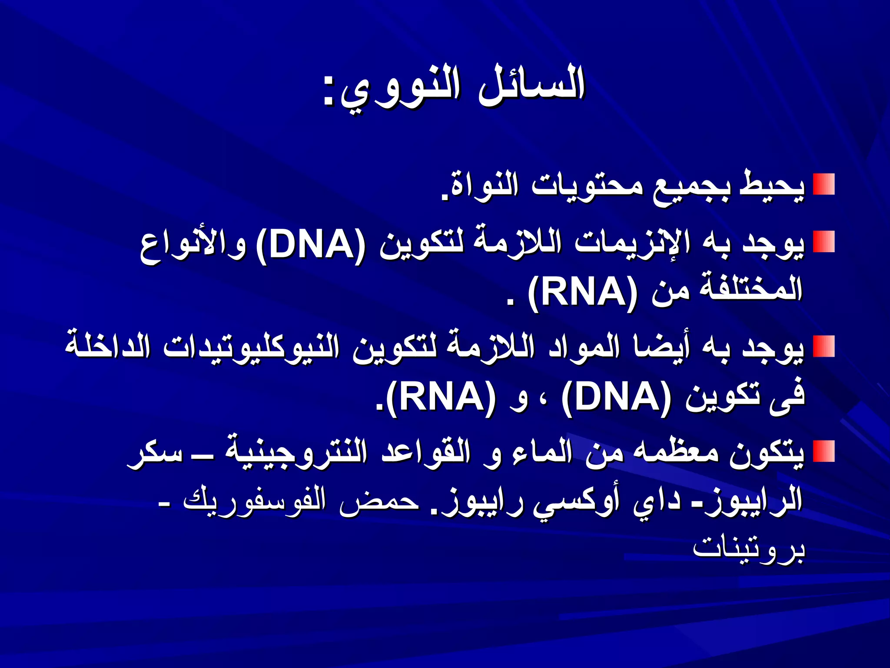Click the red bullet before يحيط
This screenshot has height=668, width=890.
824,184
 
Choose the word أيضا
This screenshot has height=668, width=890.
661,348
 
